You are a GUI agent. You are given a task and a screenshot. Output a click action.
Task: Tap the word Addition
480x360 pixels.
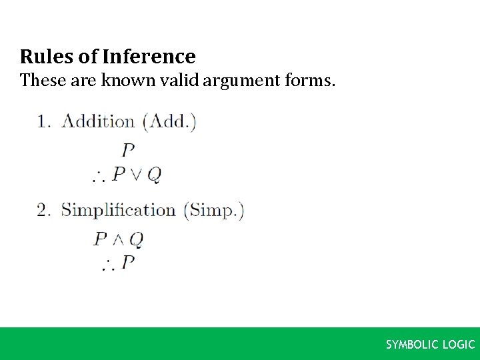point(98,121)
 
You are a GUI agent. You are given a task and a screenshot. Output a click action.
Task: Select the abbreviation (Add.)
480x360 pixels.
point(170,121)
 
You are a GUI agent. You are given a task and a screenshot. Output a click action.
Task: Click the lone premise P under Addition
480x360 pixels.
point(128,149)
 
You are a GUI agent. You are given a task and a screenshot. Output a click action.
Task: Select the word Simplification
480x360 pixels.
point(118,210)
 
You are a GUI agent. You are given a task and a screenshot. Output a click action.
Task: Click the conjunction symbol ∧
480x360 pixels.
point(119,239)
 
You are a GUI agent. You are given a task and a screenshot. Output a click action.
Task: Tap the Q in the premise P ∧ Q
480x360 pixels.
point(137,239)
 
